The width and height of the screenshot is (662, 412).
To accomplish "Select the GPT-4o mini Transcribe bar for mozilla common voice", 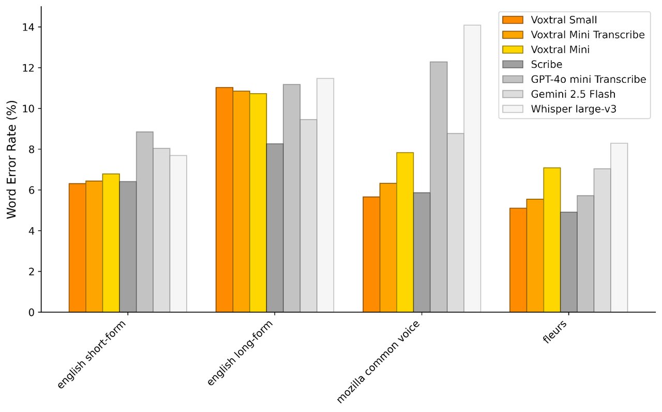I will point(439,187).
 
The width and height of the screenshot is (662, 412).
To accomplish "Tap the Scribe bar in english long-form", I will point(275,228).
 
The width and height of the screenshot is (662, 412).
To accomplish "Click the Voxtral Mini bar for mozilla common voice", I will point(405,232).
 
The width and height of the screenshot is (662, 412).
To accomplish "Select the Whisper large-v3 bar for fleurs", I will point(619,228).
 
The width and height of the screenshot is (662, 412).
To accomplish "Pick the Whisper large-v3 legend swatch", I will point(513,109).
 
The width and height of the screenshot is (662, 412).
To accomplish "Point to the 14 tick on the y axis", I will point(40,27).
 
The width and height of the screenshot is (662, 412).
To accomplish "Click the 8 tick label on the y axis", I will point(32,150).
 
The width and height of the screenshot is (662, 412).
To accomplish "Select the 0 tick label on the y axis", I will point(32,313).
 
